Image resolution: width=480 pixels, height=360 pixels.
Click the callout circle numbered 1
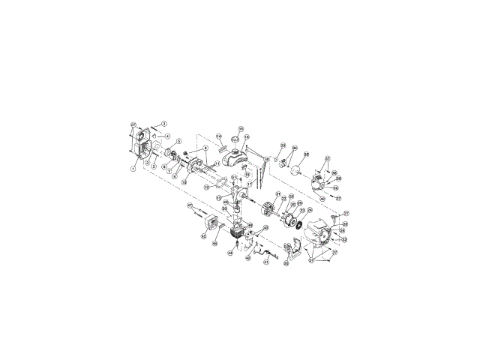pyautogui.click(x=133, y=169)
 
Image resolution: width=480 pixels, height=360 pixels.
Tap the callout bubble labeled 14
pyautogui.click(x=220, y=136)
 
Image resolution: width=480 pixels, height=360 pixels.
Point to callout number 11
pyautogui.click(x=217, y=163)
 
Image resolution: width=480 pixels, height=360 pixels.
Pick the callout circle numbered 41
pyautogui.click(x=265, y=262)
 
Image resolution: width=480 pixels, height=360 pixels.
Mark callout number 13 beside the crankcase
pyautogui.click(x=219, y=198)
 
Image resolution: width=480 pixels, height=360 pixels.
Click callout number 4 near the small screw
pyautogui.click(x=168, y=136)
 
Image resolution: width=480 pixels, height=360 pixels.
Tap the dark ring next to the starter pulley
pyautogui.click(x=300, y=224)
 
